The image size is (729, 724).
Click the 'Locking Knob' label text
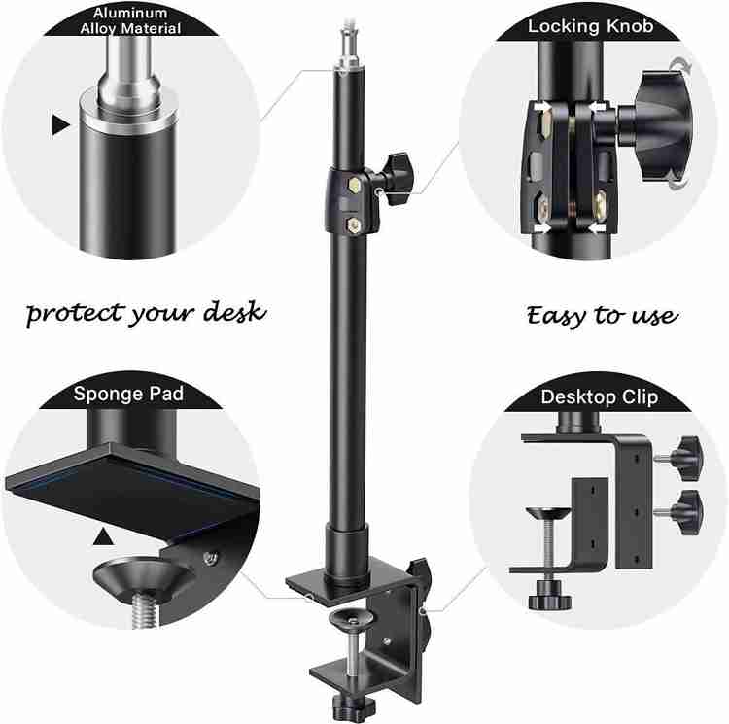pyautogui.click(x=590, y=26)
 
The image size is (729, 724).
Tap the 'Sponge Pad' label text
pyautogui.click(x=128, y=394)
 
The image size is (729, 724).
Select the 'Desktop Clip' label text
pyautogui.click(x=600, y=397)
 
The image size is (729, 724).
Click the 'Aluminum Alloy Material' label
pyautogui.click(x=130, y=20)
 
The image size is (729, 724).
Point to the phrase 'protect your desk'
pyautogui.click(x=146, y=313)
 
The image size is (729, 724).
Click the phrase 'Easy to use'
pyautogui.click(x=603, y=316)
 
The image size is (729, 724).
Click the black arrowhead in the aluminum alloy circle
pyautogui.click(x=60, y=125)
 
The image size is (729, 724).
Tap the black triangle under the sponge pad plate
pyautogui.click(x=103, y=536)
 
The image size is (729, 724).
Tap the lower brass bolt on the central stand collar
pyautogui.click(x=354, y=225)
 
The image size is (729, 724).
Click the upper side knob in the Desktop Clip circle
pyautogui.click(x=685, y=458)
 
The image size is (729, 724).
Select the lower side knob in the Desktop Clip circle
pyautogui.click(x=685, y=512)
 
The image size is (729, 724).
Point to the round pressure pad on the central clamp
pyautogui.click(x=351, y=619)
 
